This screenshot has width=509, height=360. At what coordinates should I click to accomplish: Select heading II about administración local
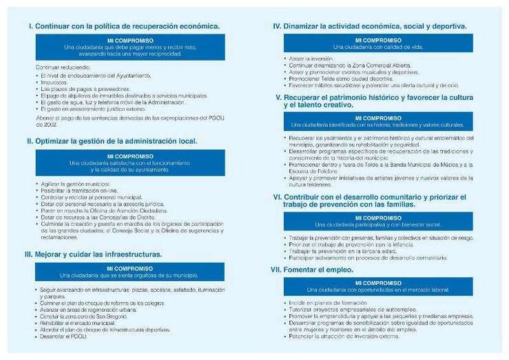click(x=112, y=141)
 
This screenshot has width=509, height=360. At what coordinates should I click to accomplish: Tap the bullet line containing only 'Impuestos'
click(x=55, y=82)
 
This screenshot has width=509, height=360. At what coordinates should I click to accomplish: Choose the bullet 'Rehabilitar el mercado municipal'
click(x=79, y=323)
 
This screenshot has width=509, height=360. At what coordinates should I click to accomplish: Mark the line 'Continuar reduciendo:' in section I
click(x=62, y=67)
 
